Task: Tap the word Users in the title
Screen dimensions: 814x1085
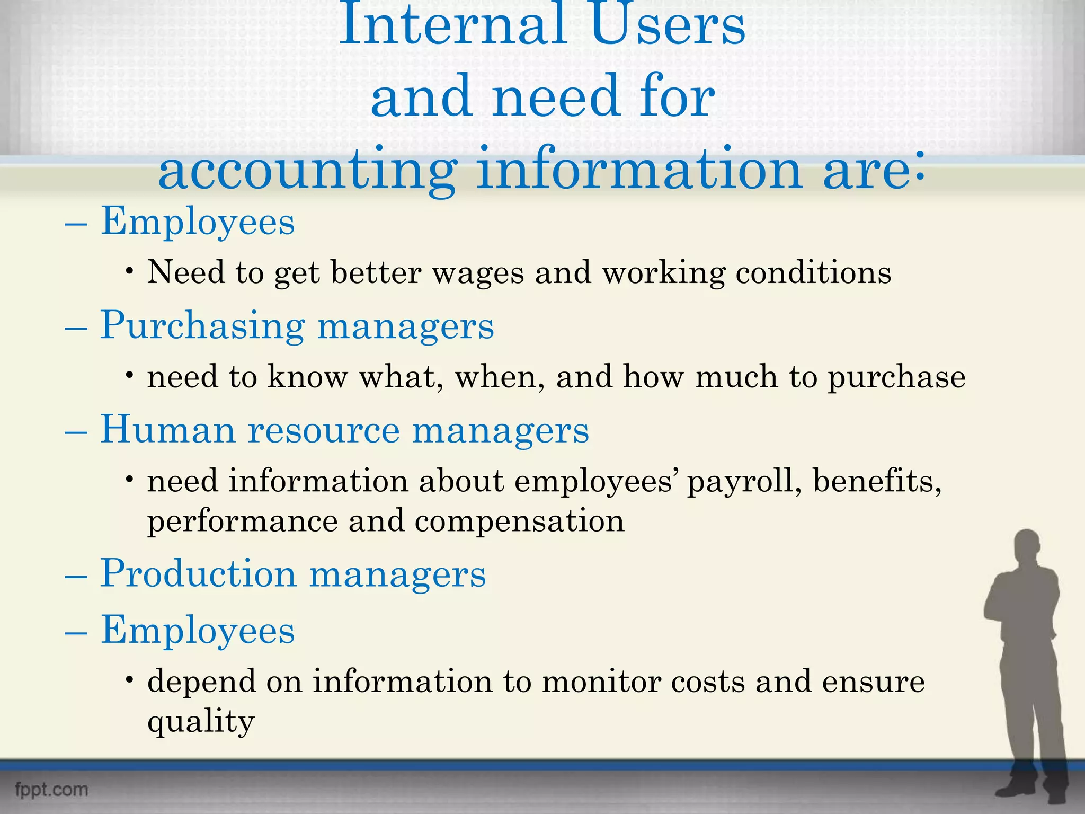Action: [669, 25]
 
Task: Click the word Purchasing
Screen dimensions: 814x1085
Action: [202, 326]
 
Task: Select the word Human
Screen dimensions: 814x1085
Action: [168, 429]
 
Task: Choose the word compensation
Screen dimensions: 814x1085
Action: [520, 521]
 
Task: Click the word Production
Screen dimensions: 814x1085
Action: [198, 573]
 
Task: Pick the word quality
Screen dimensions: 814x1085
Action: [201, 722]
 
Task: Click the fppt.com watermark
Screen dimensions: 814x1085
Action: [51, 790]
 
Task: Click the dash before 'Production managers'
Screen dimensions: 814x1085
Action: [76, 575]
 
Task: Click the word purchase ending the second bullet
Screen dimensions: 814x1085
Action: [896, 377]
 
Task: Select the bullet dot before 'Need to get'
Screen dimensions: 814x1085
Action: [129, 271]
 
